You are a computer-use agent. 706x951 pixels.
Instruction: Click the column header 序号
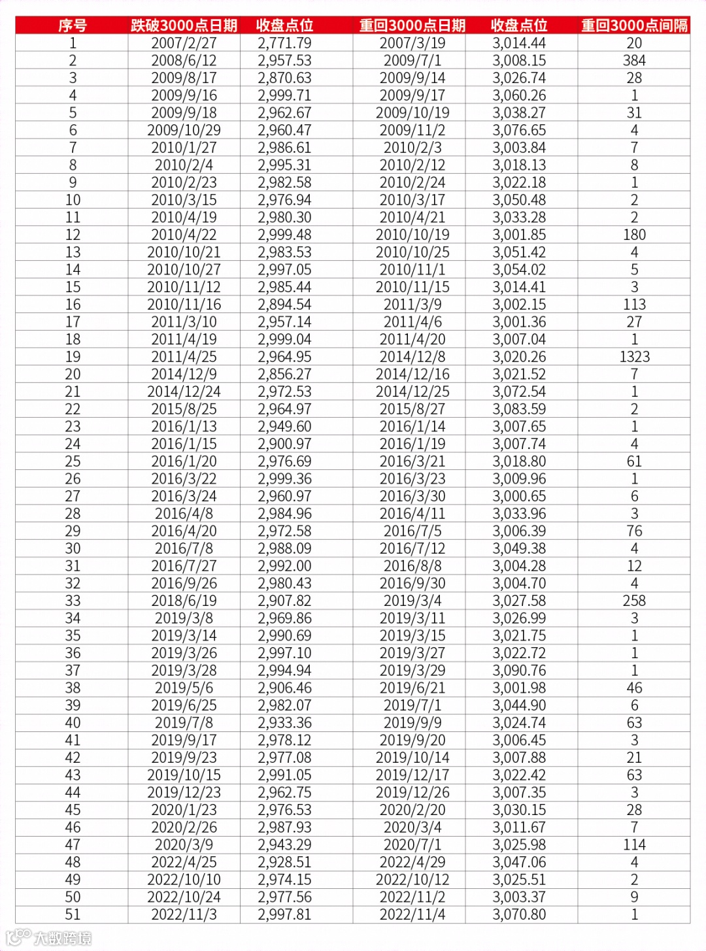coord(72,25)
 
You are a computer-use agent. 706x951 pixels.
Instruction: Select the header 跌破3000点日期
coord(184,25)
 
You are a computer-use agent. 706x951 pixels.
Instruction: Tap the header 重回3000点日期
coord(412,25)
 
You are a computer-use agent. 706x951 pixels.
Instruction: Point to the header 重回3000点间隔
coord(634,25)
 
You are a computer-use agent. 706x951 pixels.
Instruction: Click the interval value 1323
coord(634,357)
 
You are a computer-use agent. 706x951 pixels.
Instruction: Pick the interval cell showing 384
coord(634,61)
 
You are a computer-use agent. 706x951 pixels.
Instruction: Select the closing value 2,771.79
coord(284,43)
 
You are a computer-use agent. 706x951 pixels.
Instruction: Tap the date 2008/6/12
coord(184,61)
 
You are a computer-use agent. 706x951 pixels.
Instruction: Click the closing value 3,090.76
coord(519,671)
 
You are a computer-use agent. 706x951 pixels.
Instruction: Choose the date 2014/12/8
coord(412,357)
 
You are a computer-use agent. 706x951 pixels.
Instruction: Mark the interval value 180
coord(634,235)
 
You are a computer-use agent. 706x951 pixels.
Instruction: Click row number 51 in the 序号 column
coord(73,914)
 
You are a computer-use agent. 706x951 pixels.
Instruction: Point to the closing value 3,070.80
coord(519,914)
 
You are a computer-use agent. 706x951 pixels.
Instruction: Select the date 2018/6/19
coord(184,601)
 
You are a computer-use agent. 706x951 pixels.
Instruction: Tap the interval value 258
coord(634,601)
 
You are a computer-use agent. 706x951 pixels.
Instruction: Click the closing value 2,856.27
coord(284,375)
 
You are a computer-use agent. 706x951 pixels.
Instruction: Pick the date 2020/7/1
coord(412,844)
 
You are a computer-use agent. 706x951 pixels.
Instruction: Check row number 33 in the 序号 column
coord(73,601)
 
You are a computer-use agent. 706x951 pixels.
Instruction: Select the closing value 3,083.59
coord(519,409)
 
